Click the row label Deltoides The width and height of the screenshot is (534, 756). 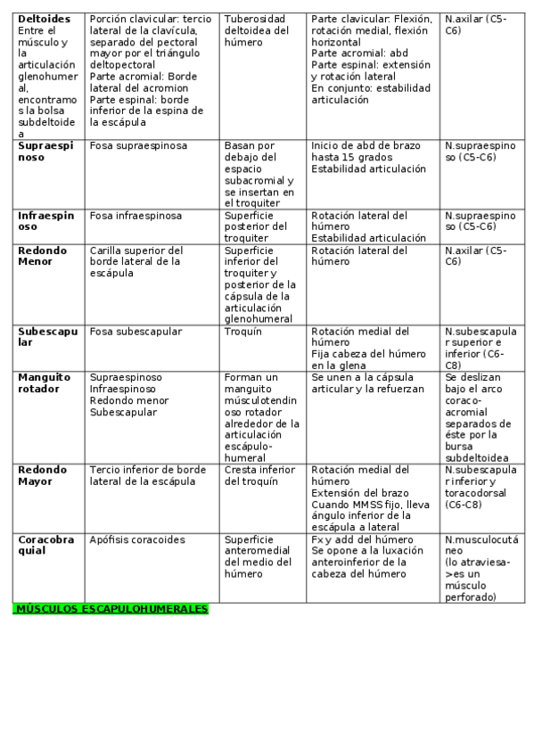pos(44,19)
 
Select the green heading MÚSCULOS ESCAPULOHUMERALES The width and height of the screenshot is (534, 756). pos(111,609)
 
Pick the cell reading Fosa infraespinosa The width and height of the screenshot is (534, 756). pos(136,216)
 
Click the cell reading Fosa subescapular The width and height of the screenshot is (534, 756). pos(136,332)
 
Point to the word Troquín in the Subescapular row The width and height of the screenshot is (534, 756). pos(243,332)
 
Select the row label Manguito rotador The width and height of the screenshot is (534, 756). pos(39,383)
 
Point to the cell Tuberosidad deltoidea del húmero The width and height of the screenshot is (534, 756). pos(257,29)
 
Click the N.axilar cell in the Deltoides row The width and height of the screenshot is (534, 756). pos(480,24)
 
